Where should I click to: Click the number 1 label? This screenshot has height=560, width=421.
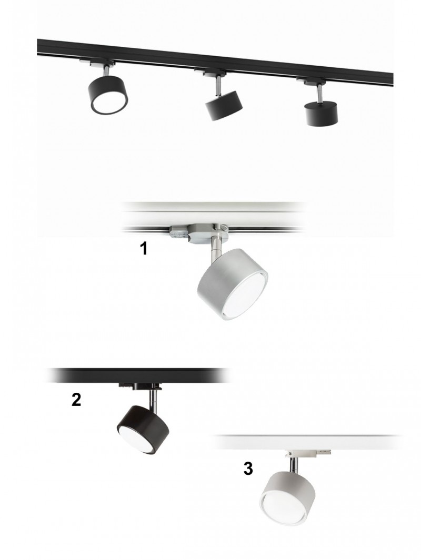(x=143, y=248)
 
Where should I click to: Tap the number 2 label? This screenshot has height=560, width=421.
(x=76, y=400)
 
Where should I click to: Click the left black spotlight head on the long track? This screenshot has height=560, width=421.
(x=108, y=95)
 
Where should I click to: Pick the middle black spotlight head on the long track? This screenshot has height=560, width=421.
(x=224, y=105)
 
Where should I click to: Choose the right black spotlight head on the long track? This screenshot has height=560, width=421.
(x=321, y=113)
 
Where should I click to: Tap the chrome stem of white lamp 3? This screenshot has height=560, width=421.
(x=292, y=464)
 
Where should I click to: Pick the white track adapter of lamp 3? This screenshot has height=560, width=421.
(x=308, y=452)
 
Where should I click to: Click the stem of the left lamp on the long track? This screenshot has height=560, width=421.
(x=107, y=70)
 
